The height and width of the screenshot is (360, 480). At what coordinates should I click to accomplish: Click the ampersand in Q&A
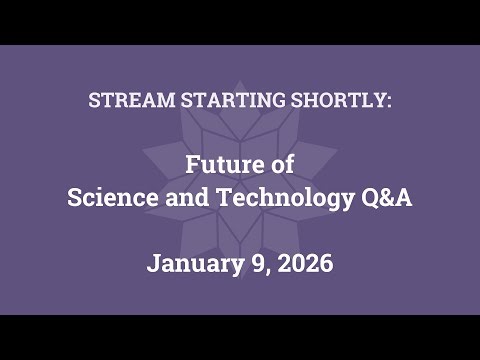click(387, 197)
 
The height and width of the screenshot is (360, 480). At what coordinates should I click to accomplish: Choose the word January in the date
click(190, 265)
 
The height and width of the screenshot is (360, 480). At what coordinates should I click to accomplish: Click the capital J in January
click(153, 265)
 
